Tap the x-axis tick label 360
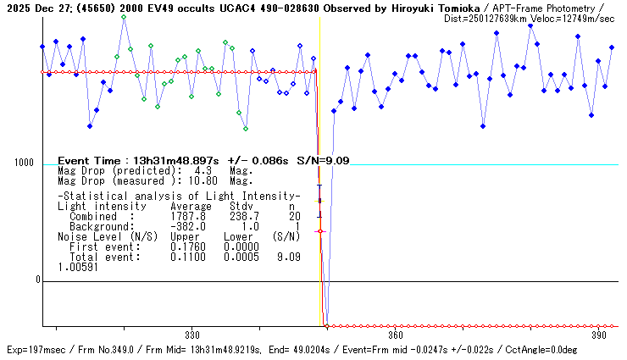395,334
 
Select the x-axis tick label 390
598,334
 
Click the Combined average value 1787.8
188,216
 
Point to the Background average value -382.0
188,226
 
